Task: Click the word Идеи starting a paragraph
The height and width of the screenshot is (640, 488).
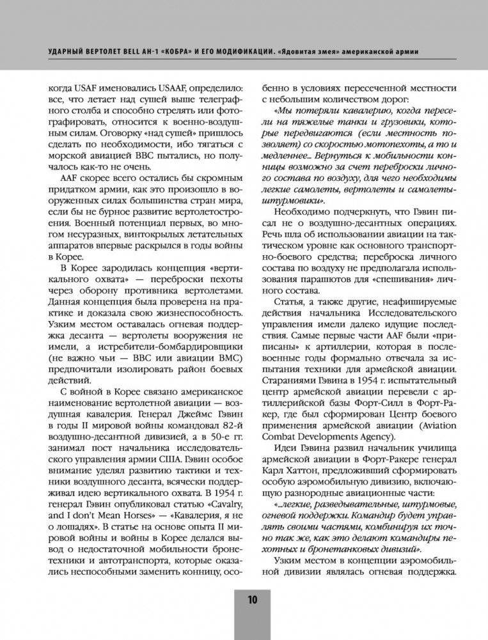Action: (281, 442)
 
